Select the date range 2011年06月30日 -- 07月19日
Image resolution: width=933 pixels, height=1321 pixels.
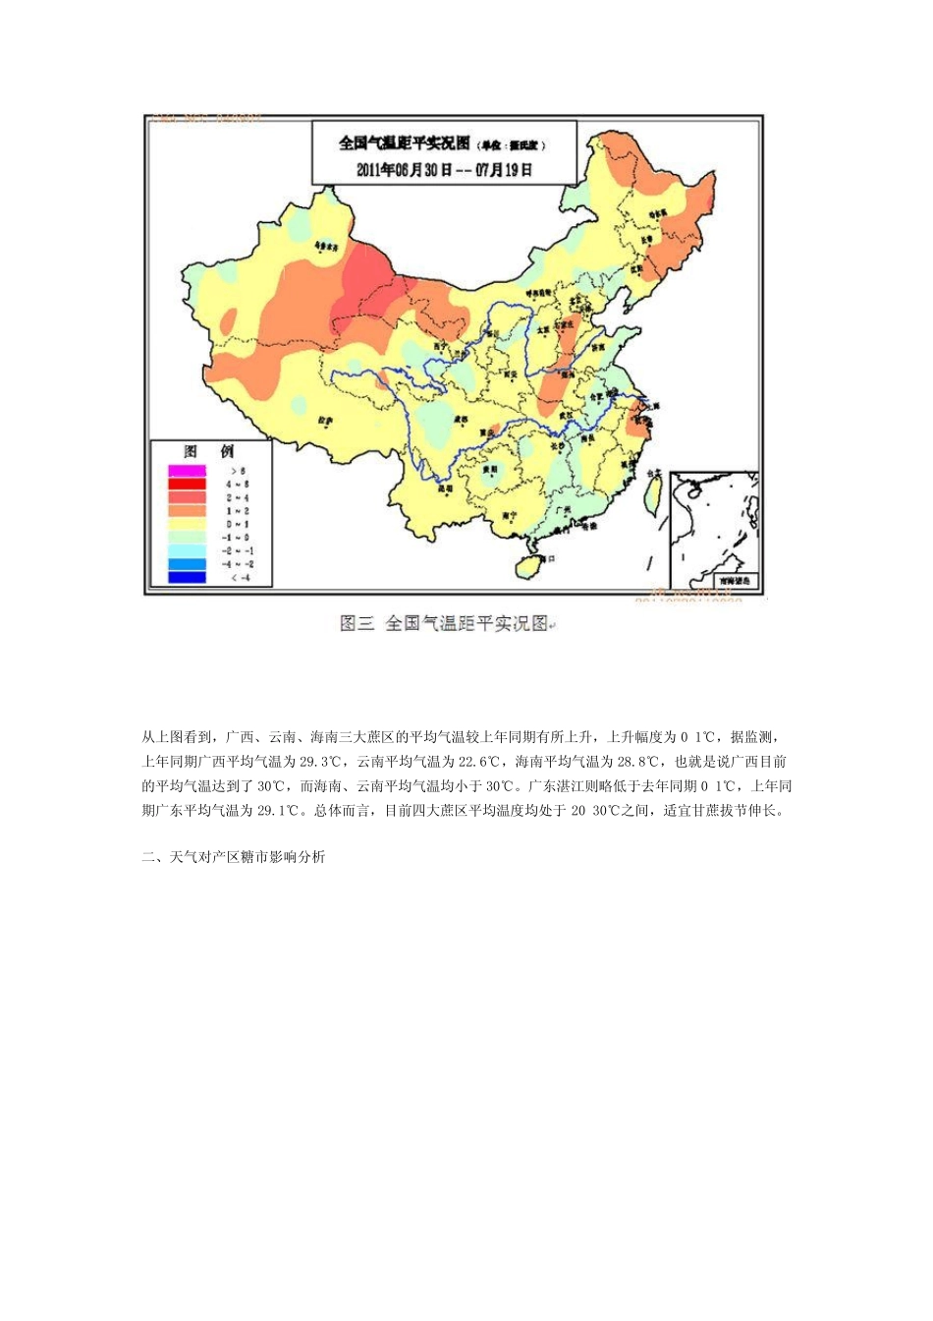pos(444,169)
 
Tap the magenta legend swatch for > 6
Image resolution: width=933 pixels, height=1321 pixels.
pos(187,471)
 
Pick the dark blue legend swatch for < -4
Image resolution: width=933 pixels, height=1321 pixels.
pos(187,578)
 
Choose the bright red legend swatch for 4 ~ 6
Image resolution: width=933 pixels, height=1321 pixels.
pos(187,484)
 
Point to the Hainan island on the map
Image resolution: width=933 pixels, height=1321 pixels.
pos(529,567)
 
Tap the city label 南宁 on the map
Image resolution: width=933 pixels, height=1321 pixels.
pos(510,514)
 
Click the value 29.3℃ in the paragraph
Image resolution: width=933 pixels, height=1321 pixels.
pos(320,761)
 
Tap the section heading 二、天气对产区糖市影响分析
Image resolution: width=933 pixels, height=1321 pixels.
pos(234,857)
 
